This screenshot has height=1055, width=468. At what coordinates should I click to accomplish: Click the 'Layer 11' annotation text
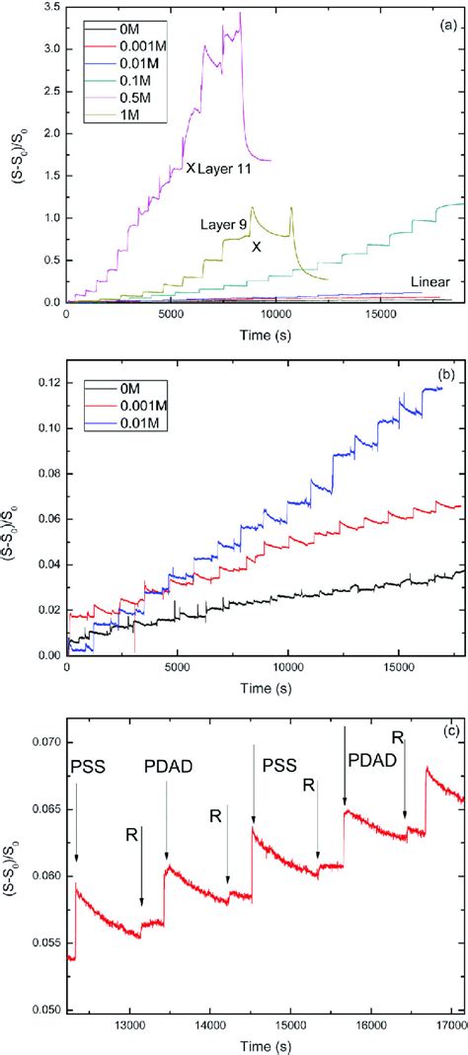point(225,169)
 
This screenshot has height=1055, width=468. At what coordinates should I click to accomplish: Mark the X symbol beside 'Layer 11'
point(191,169)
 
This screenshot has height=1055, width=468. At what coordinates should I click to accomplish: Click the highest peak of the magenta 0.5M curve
point(240,13)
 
